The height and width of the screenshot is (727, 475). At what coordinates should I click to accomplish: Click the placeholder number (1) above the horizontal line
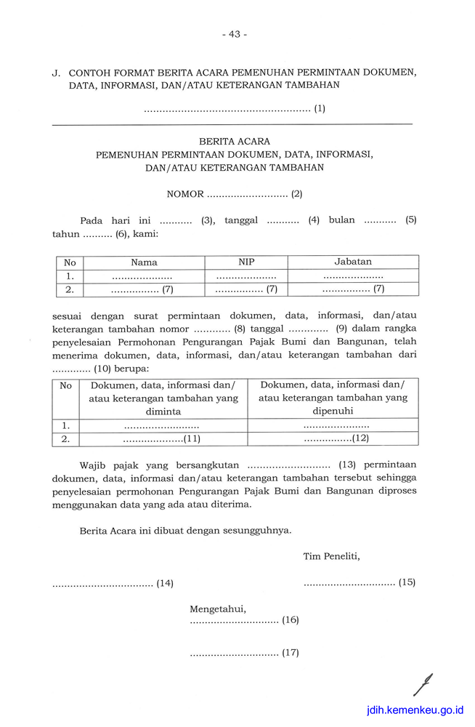[320, 109]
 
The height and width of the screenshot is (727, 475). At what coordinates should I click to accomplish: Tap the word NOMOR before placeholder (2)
[185, 194]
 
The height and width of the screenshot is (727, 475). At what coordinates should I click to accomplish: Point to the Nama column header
[144, 262]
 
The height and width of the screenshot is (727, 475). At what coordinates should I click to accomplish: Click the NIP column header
[246, 262]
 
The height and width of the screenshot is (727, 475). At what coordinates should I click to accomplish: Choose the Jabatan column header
[353, 262]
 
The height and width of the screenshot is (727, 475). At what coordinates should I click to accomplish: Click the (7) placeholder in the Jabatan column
[379, 289]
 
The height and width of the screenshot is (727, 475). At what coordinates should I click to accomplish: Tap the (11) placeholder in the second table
[192, 439]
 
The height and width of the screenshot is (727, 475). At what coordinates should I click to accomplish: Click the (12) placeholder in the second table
[361, 438]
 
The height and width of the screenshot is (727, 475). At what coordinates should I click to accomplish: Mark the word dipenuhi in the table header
[333, 411]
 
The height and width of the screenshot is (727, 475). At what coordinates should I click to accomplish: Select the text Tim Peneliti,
[331, 557]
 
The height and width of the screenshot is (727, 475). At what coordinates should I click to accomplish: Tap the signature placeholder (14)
[165, 583]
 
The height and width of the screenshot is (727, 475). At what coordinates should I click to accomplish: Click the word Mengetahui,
[218, 608]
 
